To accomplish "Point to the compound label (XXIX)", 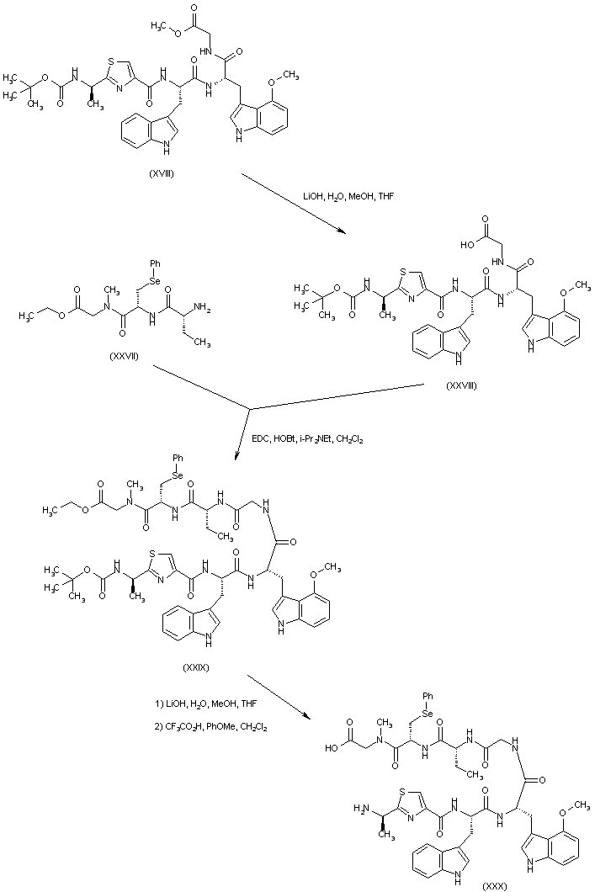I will click(x=194, y=666).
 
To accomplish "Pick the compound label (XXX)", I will click(x=496, y=885).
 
